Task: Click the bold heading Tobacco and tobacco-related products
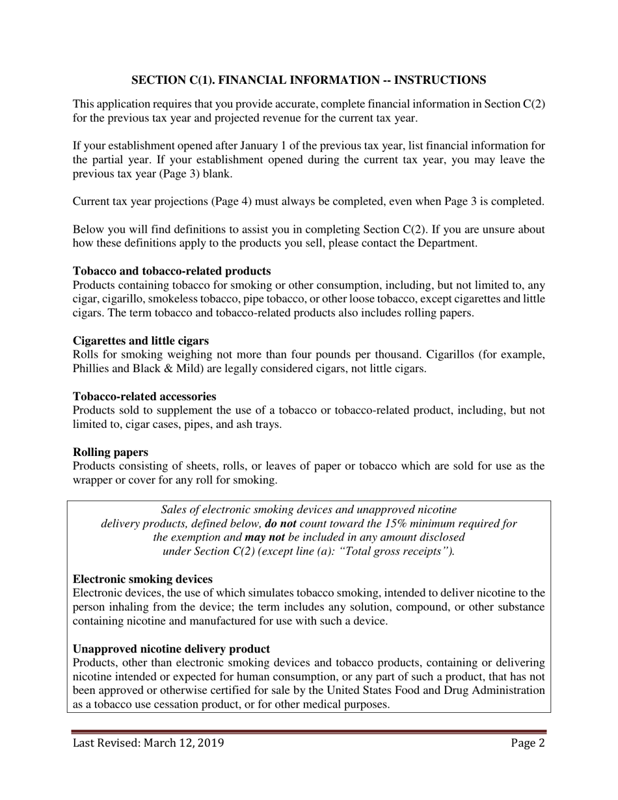click(172, 271)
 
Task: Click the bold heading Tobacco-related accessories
click(144, 396)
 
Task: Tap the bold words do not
click(281, 524)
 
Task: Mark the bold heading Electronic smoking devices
click(142, 579)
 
